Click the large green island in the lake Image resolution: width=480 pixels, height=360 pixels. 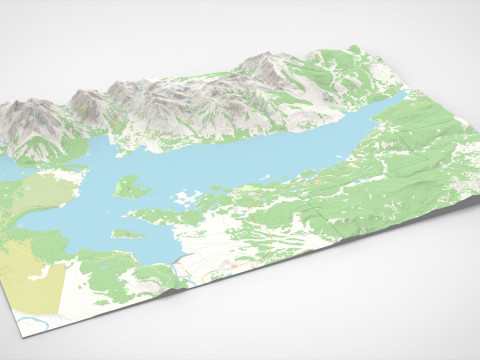click(x=127, y=185)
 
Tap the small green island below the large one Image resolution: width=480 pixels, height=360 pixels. click(x=127, y=234)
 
